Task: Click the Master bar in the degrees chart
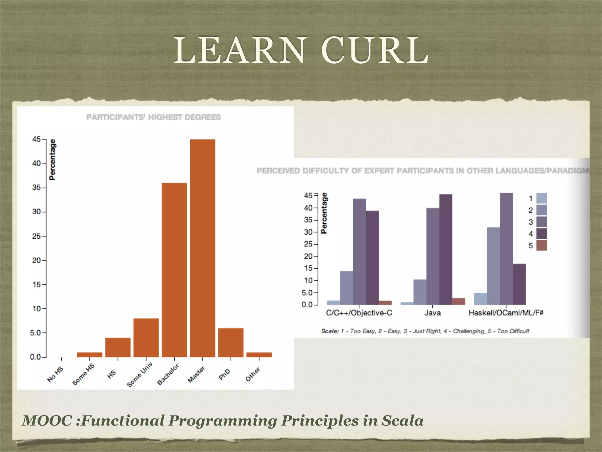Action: (202, 248)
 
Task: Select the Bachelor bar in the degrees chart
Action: (174, 270)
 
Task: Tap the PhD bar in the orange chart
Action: (230, 343)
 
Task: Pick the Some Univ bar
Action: (146, 338)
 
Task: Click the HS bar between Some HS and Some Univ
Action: (118, 347)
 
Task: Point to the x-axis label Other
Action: (253, 374)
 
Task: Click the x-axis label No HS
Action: (55, 375)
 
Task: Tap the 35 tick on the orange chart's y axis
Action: (37, 187)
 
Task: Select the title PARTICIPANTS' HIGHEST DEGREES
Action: (153, 117)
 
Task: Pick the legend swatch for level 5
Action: (541, 245)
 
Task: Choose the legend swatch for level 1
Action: (541, 198)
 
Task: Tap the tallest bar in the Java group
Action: (446, 249)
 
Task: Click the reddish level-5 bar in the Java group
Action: (459, 301)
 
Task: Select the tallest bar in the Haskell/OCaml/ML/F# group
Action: (506, 249)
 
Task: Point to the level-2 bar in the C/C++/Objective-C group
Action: (346, 288)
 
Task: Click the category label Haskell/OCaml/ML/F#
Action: (506, 313)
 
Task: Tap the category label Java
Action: (432, 313)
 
